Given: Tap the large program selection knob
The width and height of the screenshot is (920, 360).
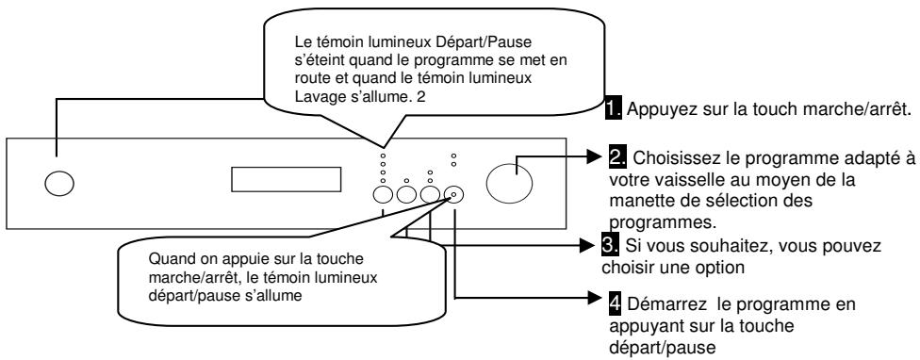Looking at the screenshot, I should coord(510,180).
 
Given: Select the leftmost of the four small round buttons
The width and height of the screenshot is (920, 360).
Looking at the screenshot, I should coord(383,195).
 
